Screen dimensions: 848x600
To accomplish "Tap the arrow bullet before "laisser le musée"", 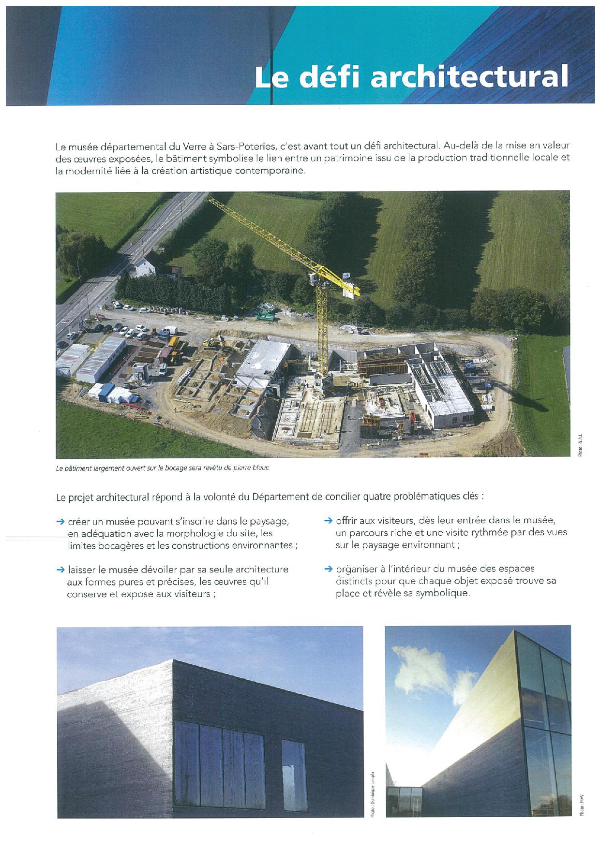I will pos(60,570).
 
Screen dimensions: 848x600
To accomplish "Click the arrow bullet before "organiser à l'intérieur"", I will pos(328,569).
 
